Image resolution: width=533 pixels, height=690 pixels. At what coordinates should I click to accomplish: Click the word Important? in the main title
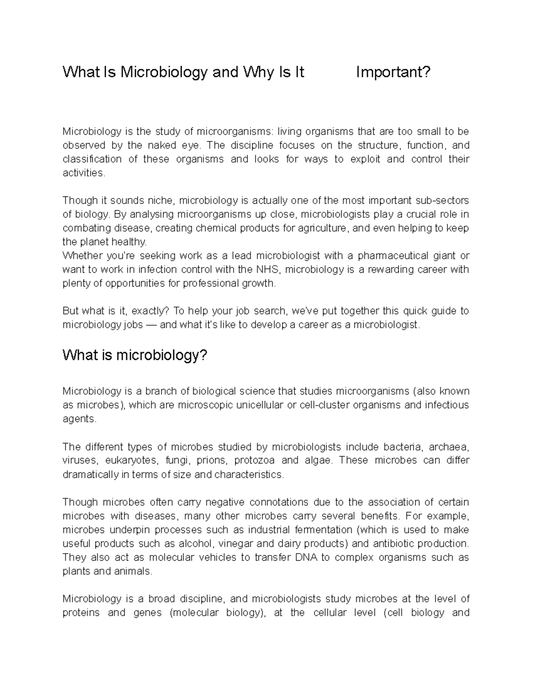pyautogui.click(x=393, y=72)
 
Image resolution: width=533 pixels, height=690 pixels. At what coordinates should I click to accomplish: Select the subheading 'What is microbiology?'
pyautogui.click(x=135, y=355)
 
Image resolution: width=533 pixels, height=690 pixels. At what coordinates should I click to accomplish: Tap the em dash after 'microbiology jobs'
pyautogui.click(x=151, y=325)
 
